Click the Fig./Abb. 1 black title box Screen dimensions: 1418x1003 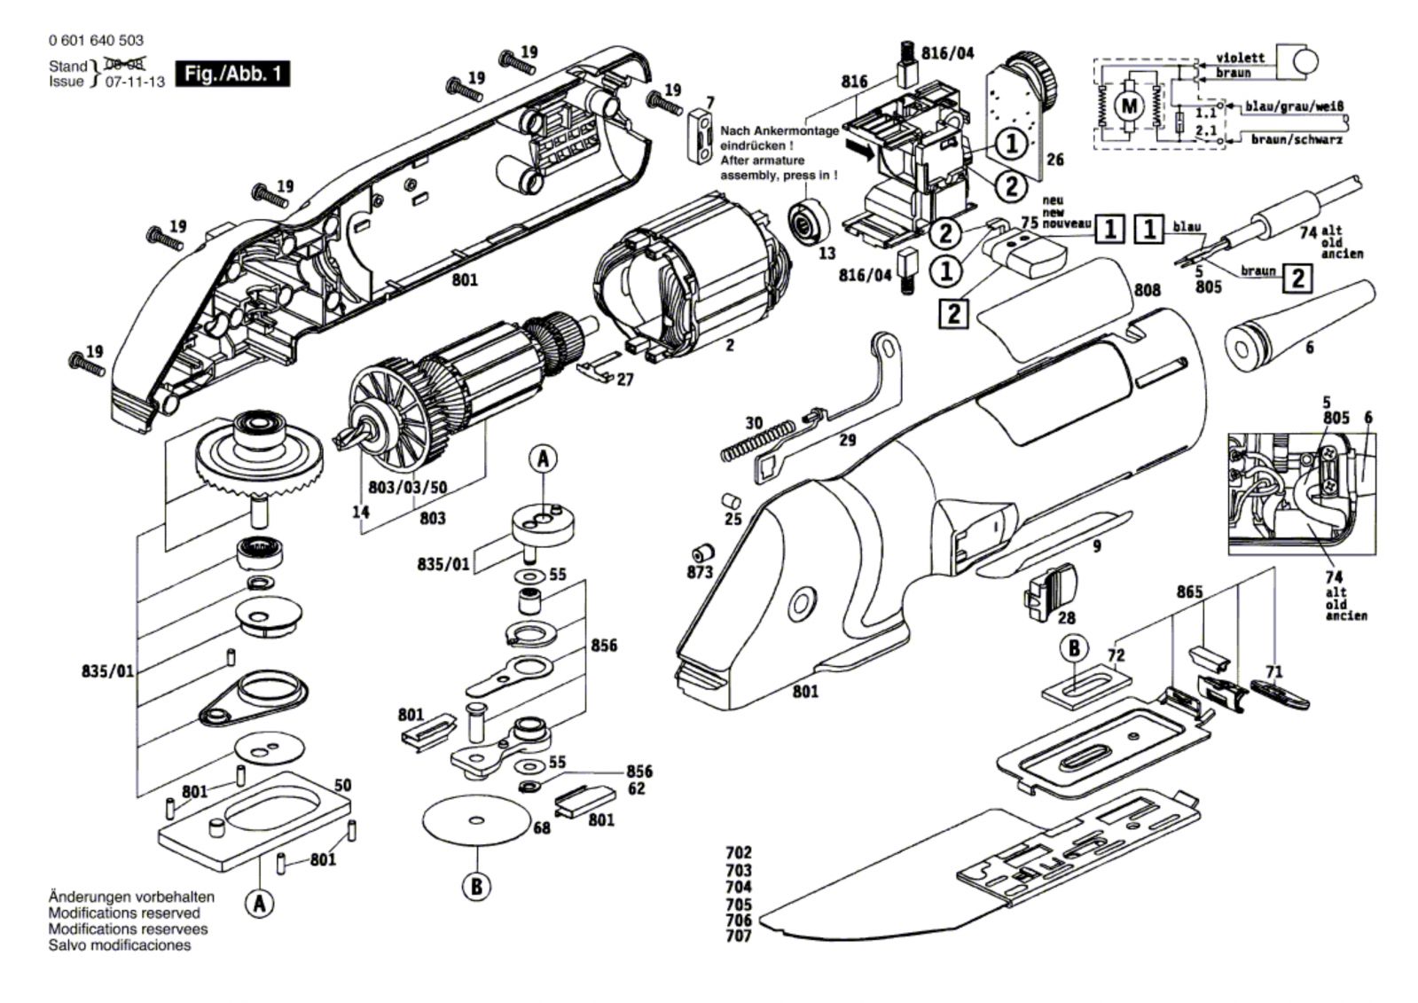[232, 74]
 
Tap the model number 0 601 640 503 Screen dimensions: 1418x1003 [97, 40]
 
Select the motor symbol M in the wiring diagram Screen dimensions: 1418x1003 [1129, 106]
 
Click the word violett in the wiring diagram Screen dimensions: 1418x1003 [1241, 58]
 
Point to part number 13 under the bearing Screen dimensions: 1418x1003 [827, 254]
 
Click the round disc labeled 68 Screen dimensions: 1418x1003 [477, 820]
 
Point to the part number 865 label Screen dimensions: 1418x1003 [1189, 592]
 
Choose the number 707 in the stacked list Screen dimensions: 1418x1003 [739, 936]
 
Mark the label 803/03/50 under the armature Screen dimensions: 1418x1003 [407, 487]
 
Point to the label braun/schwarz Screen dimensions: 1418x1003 [1297, 139]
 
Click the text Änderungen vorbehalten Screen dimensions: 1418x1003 [131, 897]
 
